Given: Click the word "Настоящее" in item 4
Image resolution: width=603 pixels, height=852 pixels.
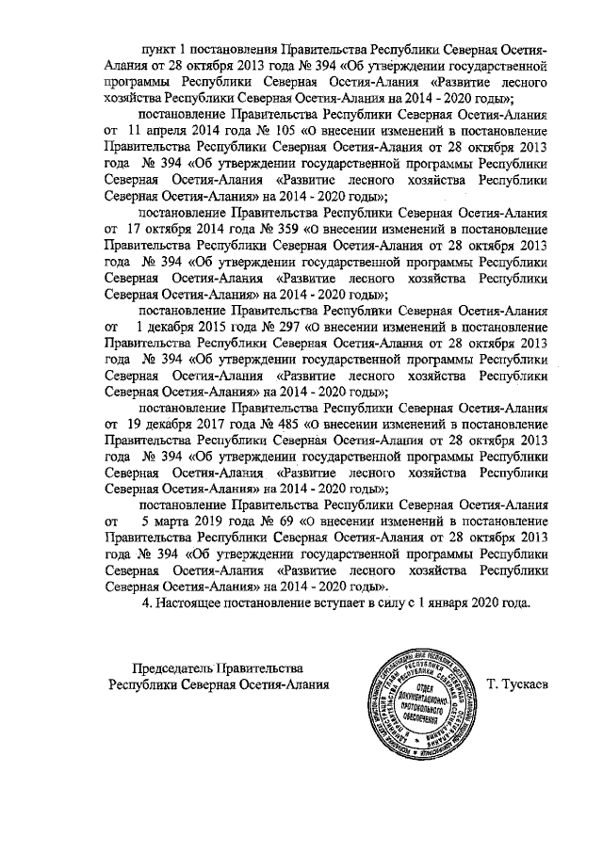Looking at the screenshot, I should click(190, 603).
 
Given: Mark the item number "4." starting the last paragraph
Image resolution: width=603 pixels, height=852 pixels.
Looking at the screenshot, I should click(145, 603).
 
